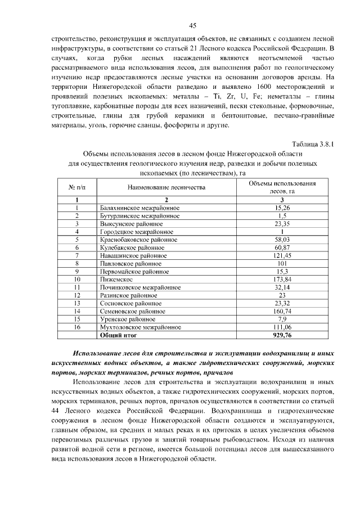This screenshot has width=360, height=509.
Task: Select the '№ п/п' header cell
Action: click(76, 187)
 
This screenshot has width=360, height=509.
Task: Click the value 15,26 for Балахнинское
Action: click(282, 208)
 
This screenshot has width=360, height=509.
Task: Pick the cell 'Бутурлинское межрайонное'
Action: click(139, 215)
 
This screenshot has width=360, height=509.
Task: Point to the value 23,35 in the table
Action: click(282, 223)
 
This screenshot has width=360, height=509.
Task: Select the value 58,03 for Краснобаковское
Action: click(282, 239)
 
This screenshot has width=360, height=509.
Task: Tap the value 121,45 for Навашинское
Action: click(282, 255)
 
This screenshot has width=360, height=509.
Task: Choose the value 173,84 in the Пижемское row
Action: click(282, 279)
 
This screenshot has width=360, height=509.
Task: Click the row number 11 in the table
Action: click(77, 287)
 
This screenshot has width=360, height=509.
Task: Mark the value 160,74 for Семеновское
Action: click(282, 310)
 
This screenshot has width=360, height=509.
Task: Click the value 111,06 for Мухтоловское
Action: click(282, 326)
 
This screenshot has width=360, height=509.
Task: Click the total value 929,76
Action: click(282, 335)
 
